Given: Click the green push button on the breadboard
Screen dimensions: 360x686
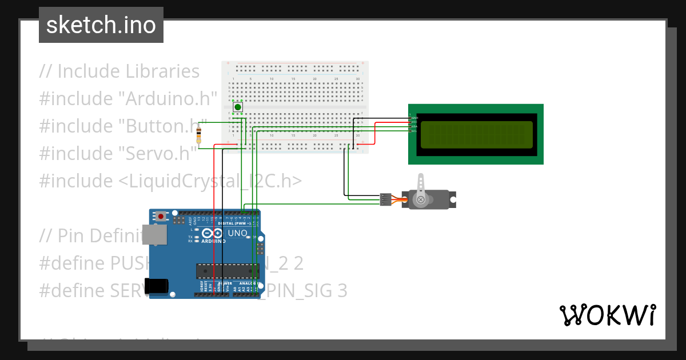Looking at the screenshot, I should tap(237, 107).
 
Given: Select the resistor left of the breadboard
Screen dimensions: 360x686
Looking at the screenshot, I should tap(198, 135).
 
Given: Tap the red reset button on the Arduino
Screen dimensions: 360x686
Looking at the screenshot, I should tap(162, 216).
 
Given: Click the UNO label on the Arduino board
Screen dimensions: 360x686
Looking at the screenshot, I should tap(237, 233).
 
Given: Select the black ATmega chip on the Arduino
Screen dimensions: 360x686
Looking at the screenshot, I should tap(225, 272).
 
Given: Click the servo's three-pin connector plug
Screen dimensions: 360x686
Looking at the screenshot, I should tap(386, 199).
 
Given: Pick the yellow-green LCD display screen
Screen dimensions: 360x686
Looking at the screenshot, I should tap(476, 134).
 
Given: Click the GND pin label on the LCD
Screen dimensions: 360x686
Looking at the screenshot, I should tap(414, 118).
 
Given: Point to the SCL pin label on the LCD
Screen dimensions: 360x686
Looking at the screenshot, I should tap(414, 131).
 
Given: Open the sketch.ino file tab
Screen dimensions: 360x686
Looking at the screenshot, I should tap(101, 25).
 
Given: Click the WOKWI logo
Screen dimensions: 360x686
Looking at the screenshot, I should tap(607, 315).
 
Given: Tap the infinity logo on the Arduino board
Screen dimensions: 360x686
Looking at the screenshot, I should tap(212, 234).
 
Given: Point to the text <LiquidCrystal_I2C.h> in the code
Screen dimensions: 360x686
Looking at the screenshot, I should tap(210, 181).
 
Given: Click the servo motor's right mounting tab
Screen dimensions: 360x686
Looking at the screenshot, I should tap(453, 199).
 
